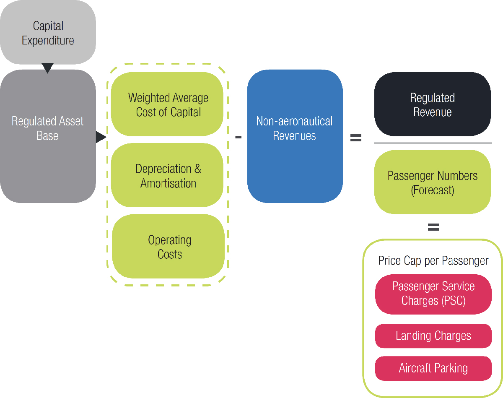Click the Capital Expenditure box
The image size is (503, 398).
pyautogui.click(x=48, y=33)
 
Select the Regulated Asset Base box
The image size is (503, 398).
pyautogui.click(x=48, y=136)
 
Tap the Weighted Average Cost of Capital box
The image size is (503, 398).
pyautogui.click(x=168, y=104)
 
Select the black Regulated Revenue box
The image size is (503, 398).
pyautogui.click(x=432, y=104)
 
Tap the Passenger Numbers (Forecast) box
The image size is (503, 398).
pyautogui.click(x=432, y=182)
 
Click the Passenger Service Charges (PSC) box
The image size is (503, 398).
pyautogui.click(x=433, y=294)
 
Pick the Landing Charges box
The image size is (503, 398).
pyautogui.click(x=433, y=336)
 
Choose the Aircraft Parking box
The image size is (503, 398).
pyautogui.click(x=433, y=369)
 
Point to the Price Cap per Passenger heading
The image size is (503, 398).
pyautogui.click(x=433, y=261)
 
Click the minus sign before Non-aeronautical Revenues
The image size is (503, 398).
pyautogui.click(x=238, y=137)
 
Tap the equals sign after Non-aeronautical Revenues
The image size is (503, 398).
pyautogui.click(x=355, y=138)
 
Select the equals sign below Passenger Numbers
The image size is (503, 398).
pyautogui.click(x=433, y=227)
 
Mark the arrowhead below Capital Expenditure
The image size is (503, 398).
pyautogui.click(x=48, y=67)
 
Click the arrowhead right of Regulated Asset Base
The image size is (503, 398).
pyautogui.click(x=101, y=137)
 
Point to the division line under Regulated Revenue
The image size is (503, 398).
pyautogui.click(x=433, y=143)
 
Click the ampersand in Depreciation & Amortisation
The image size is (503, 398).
pyautogui.click(x=197, y=169)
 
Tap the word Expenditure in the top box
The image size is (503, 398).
pyautogui.click(x=48, y=41)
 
